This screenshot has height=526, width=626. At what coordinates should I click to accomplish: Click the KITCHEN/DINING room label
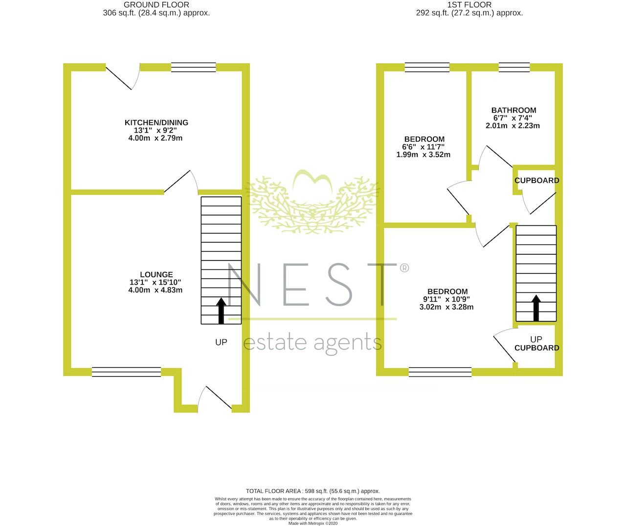click(156, 122)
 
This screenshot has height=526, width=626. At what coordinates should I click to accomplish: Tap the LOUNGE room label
click(156, 274)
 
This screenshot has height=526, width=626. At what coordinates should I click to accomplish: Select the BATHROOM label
click(514, 110)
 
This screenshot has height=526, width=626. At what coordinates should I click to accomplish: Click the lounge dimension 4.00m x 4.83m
click(156, 290)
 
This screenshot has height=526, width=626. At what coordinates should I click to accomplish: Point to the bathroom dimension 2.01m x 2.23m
click(513, 126)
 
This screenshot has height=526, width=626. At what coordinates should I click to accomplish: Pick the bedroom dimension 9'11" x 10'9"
click(446, 299)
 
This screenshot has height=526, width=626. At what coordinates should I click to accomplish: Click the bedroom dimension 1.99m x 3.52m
click(424, 155)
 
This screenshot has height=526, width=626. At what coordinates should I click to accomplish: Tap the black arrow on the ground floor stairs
click(221, 311)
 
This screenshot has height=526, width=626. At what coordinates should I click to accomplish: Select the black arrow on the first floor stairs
click(536, 308)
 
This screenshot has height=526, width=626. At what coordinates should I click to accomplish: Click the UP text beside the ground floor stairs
click(221, 342)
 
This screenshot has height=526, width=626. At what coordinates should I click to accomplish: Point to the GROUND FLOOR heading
click(156, 5)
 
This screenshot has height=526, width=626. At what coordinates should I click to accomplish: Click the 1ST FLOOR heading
click(469, 5)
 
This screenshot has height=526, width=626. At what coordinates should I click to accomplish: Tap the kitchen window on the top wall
click(193, 67)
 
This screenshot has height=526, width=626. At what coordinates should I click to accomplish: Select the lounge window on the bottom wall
click(126, 372)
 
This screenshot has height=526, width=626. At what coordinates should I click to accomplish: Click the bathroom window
click(514, 67)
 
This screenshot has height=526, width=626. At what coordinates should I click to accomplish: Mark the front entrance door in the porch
click(215, 399)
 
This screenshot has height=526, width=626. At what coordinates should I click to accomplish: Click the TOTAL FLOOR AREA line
click(313, 491)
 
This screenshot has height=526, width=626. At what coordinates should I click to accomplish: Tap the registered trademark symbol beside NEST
click(404, 267)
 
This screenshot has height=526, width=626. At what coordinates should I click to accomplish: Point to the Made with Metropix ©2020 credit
click(313, 523)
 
